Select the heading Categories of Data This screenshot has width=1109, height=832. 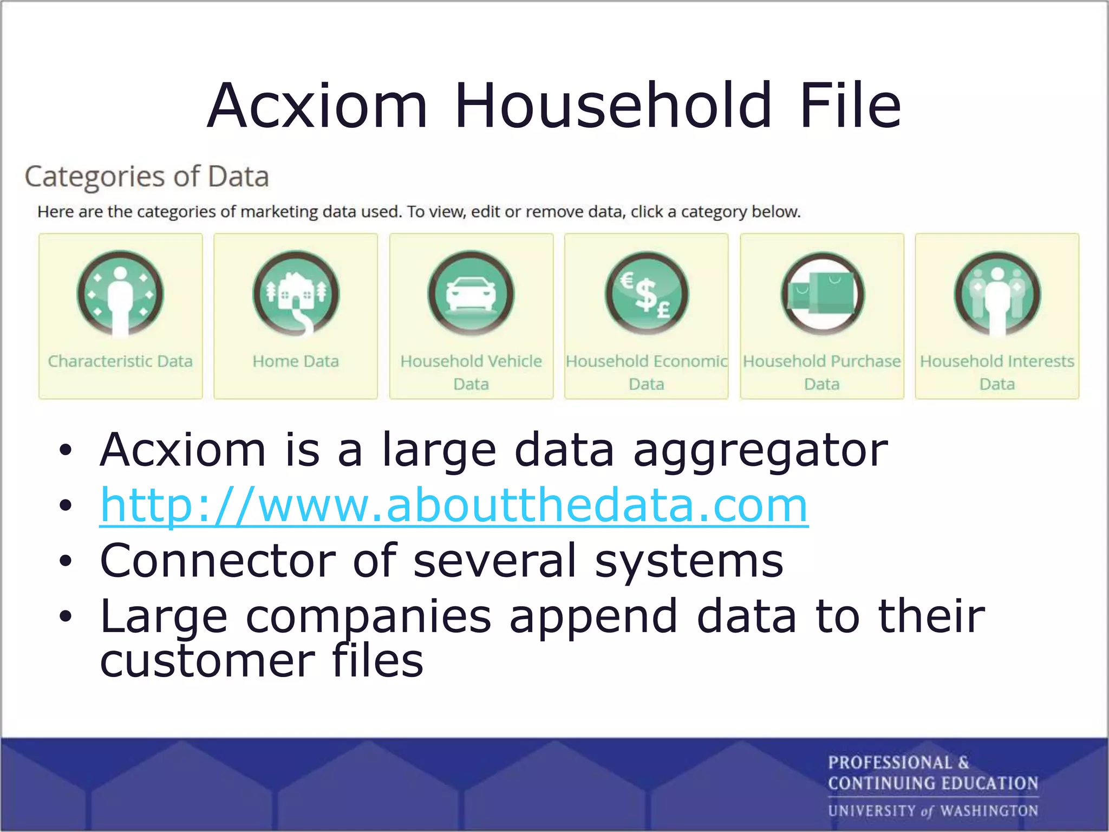tap(147, 177)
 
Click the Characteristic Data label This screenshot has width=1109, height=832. tap(120, 361)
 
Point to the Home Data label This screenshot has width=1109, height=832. tap(296, 361)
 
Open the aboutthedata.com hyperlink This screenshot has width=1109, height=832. tap(454, 505)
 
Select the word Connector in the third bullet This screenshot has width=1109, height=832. tap(218, 561)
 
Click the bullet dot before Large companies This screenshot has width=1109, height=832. tap(66, 616)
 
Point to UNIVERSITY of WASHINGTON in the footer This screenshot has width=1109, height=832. tap(932, 811)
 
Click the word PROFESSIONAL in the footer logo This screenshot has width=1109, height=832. tap(890, 763)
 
